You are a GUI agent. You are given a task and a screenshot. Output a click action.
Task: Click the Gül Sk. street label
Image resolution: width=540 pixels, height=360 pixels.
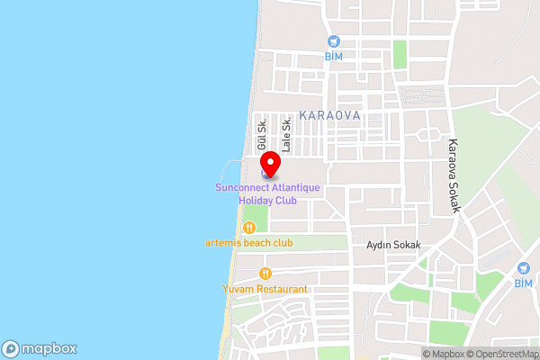pyautogui.click(x=261, y=133)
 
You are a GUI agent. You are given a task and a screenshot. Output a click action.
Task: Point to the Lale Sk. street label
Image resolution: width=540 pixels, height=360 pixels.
pyautogui.click(x=286, y=133)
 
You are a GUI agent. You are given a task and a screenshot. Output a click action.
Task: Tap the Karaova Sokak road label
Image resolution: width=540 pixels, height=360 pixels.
pyautogui.click(x=455, y=175)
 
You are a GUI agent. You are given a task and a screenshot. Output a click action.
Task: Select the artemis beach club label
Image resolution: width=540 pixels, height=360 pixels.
pyautogui.click(x=249, y=243)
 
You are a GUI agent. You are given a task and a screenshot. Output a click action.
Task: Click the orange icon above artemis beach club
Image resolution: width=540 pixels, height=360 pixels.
pyautogui.click(x=249, y=228)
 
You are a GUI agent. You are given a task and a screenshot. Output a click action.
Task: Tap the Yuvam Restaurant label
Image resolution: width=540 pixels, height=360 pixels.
pyautogui.click(x=265, y=290)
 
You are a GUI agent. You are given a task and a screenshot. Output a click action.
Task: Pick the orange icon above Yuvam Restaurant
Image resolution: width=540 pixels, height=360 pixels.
pyautogui.click(x=265, y=274)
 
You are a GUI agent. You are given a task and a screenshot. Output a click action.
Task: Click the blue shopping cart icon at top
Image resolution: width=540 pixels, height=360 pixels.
pyautogui.click(x=334, y=40)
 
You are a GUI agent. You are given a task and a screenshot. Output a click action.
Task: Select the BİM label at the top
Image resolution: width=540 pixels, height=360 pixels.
pyautogui.click(x=334, y=56)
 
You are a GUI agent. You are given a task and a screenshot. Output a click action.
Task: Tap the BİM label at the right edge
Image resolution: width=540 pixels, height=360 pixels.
pyautogui.click(x=523, y=283)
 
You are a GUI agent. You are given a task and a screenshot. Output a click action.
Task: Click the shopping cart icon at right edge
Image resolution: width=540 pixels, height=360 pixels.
pyautogui.click(x=524, y=268)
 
